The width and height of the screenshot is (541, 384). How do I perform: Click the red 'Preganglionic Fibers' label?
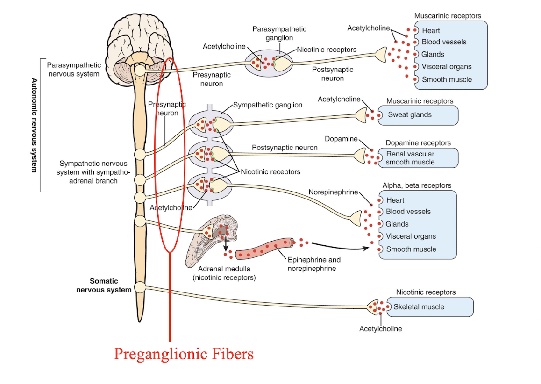[184, 354]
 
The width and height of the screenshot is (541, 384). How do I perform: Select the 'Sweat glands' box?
[417, 115]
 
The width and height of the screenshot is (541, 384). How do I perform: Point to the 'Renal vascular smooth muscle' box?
[417, 158]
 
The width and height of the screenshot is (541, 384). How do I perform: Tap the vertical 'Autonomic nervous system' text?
[33, 125]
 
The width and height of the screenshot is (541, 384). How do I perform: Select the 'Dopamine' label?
[341, 139]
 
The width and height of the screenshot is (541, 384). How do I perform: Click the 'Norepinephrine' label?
[333, 192]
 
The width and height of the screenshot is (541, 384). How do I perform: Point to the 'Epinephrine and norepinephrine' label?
[314, 264]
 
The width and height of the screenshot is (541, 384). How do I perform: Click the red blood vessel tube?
[264, 249]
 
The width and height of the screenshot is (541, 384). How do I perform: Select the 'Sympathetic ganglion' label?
[267, 105]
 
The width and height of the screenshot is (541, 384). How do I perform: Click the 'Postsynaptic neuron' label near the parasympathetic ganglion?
[333, 74]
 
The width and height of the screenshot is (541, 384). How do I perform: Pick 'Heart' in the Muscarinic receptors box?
[431, 31]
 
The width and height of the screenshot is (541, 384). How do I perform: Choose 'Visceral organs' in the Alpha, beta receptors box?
[411, 236]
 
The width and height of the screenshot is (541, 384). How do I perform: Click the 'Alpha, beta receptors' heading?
[417, 185]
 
